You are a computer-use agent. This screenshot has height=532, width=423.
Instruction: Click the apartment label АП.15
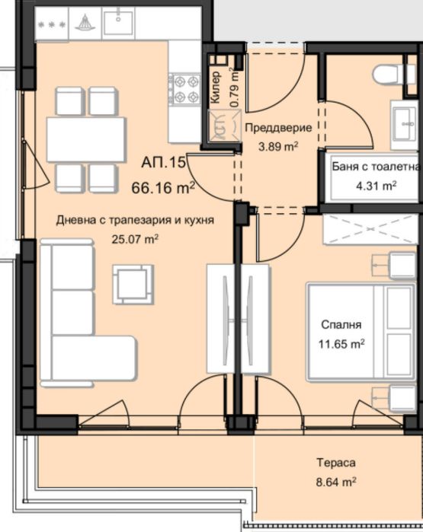coord(163,162)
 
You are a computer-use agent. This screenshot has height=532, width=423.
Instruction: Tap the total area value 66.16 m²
coord(163,187)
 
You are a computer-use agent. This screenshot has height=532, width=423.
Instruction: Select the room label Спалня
coord(341,325)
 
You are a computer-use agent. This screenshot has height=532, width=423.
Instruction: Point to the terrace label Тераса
coord(336,463)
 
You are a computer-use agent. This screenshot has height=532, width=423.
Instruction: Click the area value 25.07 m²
coord(135,239)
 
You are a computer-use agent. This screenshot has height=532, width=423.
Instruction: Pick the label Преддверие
coord(278,128)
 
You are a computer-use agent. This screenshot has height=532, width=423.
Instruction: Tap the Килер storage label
coord(216,87)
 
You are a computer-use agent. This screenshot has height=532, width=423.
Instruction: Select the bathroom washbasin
coord(404,124)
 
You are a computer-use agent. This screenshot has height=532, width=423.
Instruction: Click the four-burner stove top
coord(185,90)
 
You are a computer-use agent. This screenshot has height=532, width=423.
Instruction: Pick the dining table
coord(86,139)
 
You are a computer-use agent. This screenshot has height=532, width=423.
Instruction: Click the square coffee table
coord(133,285)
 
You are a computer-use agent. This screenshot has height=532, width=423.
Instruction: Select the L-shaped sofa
coord(88,313)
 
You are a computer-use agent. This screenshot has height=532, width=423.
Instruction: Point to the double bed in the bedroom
coord(361,332)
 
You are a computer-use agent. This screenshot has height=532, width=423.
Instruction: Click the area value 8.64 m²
coord(336,482)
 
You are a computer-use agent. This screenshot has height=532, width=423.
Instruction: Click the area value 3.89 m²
coord(278,147)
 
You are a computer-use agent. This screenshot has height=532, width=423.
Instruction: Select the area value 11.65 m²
coord(341,344)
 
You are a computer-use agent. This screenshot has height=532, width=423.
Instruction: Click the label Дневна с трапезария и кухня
coord(135,220)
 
